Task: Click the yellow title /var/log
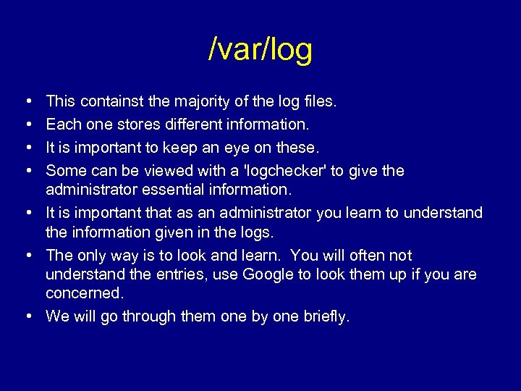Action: pyautogui.click(x=260, y=50)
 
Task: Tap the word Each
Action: pyautogui.click(x=62, y=125)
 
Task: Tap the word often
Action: pyautogui.click(x=364, y=256)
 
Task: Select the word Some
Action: pyautogui.click(x=63, y=171)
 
